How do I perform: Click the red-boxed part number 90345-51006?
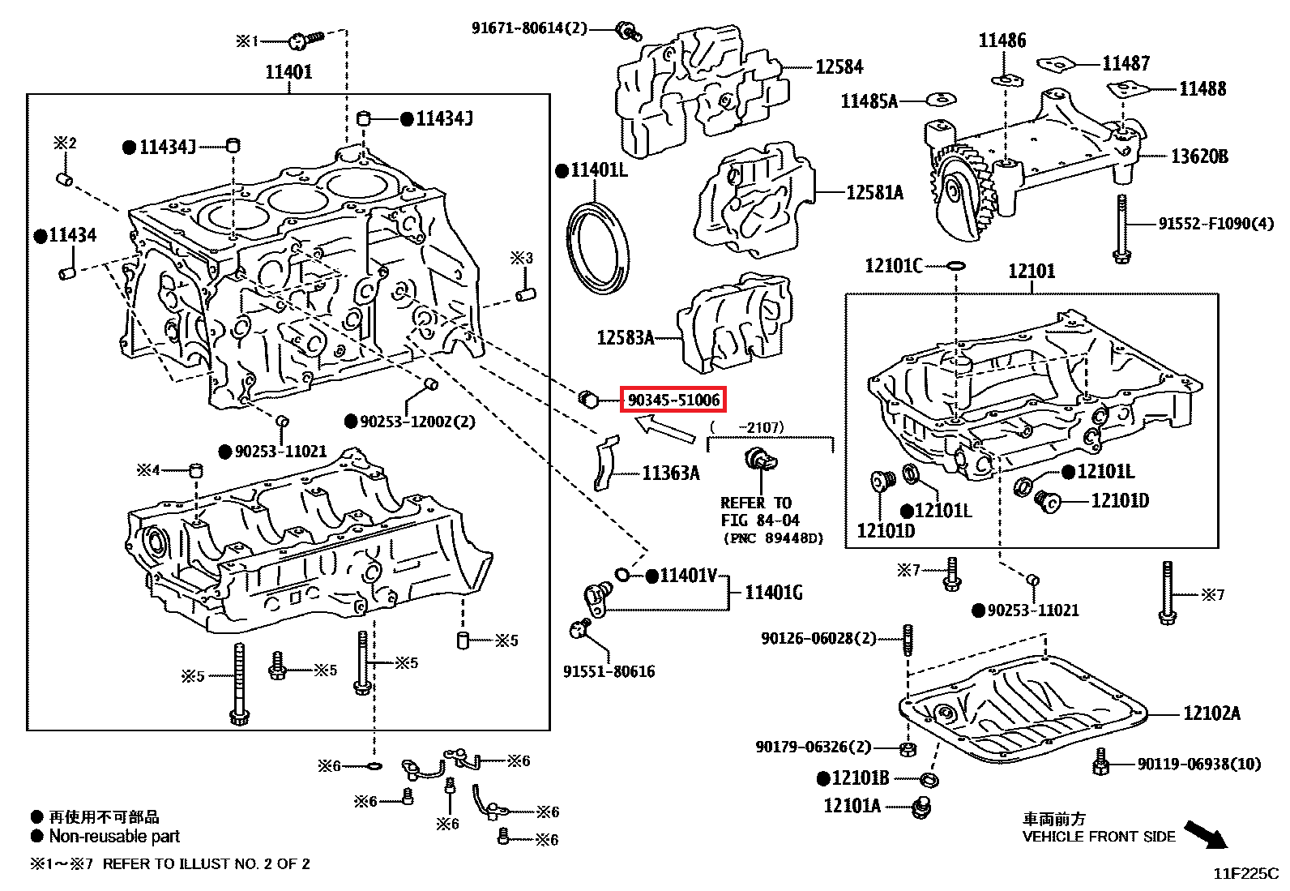(673, 400)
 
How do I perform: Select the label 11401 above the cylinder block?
(288, 72)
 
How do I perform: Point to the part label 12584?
(839, 67)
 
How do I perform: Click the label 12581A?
(874, 193)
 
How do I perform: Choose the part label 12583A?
(625, 337)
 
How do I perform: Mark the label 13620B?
(1199, 156)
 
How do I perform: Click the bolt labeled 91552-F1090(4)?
(1121, 229)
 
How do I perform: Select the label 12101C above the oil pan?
(893, 266)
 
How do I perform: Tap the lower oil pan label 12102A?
(1211, 713)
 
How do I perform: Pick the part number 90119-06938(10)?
(1199, 764)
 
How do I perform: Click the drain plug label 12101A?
(852, 806)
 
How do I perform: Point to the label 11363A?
(670, 473)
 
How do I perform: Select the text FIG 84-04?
(760, 520)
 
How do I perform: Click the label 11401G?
(774, 593)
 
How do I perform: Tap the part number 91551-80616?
(609, 671)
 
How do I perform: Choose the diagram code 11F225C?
(1245, 874)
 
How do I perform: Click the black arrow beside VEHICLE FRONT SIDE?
(1207, 834)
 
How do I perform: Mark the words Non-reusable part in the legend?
(114, 836)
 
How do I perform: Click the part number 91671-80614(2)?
(529, 28)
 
